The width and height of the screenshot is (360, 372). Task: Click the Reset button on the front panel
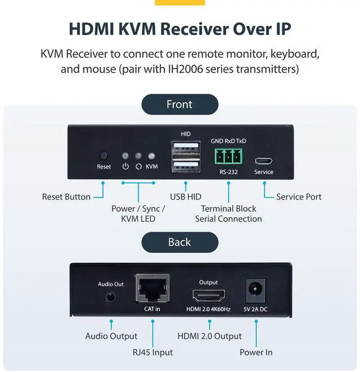point(103,156)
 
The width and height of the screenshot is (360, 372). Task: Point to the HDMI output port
point(209,296)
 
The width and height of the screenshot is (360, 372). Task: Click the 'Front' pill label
point(179,105)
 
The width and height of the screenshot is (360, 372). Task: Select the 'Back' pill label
point(179,242)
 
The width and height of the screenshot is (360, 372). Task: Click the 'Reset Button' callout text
point(66,197)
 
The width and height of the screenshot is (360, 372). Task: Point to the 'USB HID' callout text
point(186,197)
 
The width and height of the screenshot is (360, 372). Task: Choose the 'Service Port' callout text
point(299,197)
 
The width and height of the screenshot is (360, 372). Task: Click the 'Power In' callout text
point(256,352)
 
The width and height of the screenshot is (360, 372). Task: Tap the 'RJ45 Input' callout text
point(152,352)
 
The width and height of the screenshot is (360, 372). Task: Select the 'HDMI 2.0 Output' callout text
point(209,336)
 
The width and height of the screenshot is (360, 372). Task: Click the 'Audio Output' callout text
point(111,336)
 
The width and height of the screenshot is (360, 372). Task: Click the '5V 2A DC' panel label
point(256,309)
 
